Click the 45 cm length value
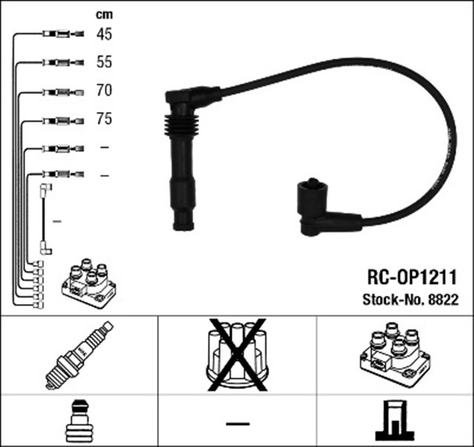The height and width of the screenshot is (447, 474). pos(104,33)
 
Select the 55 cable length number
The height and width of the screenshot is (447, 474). pos(104,62)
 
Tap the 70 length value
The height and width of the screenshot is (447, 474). pos(104,91)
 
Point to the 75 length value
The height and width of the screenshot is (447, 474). pos(104,119)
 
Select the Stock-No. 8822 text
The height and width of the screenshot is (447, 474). pos(410,300)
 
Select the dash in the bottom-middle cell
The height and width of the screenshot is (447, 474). pos(237,423)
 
